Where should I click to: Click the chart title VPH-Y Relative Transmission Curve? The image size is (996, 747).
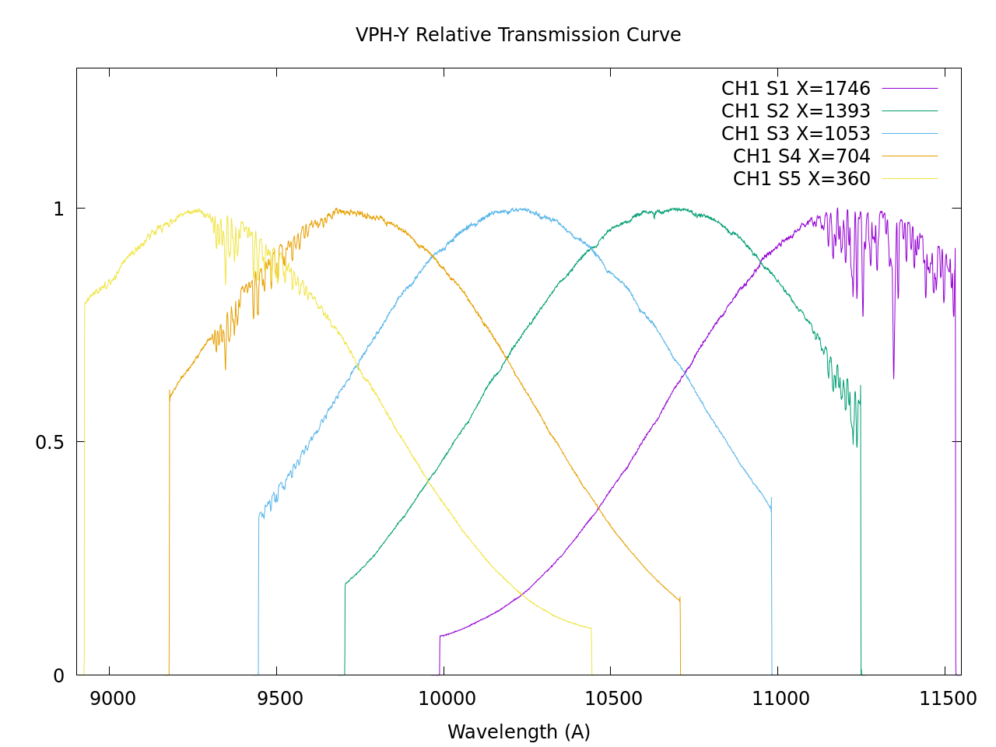pos(518,36)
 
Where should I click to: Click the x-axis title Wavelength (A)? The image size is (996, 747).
pos(518,732)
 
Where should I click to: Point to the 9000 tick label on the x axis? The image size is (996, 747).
pos(113,699)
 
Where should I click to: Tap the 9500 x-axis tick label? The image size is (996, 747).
pos(279,699)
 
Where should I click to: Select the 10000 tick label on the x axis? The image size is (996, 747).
pos(447,699)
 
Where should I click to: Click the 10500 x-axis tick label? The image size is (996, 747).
pos(614,699)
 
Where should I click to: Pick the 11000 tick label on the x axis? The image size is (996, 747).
pos(780,699)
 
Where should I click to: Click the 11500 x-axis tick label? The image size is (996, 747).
pos(947,699)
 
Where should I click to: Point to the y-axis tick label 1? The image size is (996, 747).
pos(58,209)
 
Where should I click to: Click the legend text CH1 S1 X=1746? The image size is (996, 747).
pos(795,89)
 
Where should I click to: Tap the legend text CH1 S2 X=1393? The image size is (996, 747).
pos(795,111)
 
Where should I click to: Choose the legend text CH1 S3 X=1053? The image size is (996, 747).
pos(795,134)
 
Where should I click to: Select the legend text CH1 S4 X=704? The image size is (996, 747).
pos(801,156)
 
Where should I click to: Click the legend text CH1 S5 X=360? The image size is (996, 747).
pos(801,179)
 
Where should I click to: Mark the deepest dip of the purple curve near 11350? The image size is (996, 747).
pos(893,378)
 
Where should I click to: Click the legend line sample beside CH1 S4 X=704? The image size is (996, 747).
pos(910,156)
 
